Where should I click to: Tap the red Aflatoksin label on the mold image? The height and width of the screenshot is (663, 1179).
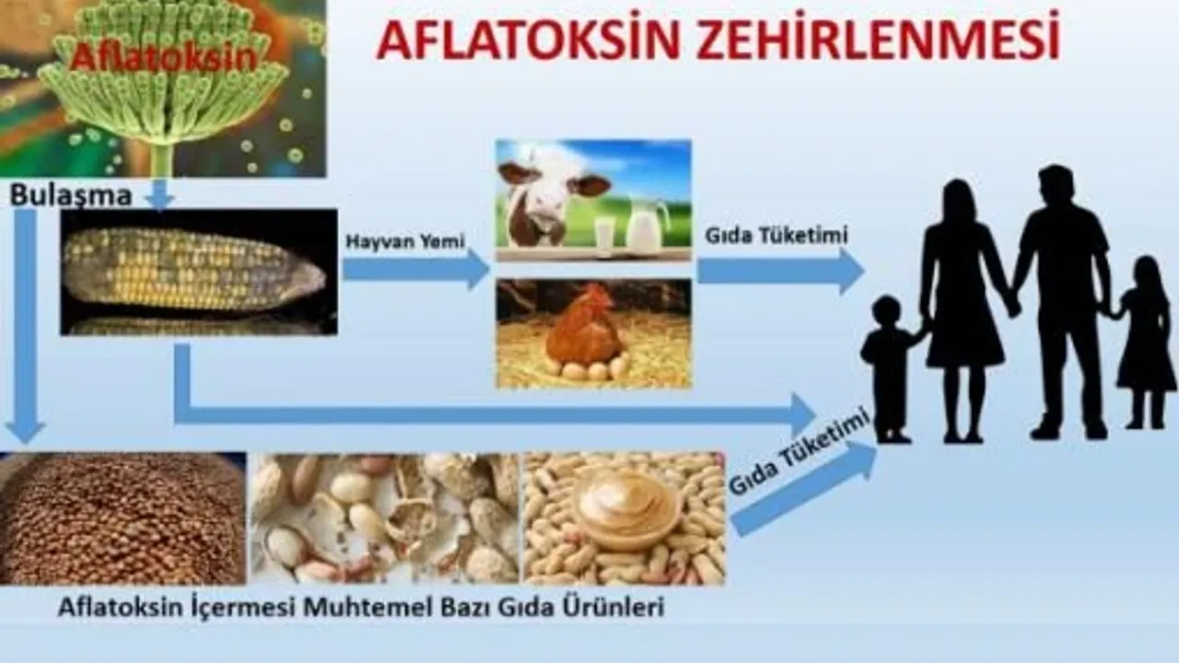(164, 57)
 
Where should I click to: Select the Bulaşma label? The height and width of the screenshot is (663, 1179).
(71, 196)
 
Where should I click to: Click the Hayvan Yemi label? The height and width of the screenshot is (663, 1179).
(405, 241)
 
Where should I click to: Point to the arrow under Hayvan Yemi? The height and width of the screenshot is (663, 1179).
(415, 270)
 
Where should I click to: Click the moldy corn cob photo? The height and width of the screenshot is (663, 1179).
(199, 272)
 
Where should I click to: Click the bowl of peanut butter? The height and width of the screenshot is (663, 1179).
(627, 511)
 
